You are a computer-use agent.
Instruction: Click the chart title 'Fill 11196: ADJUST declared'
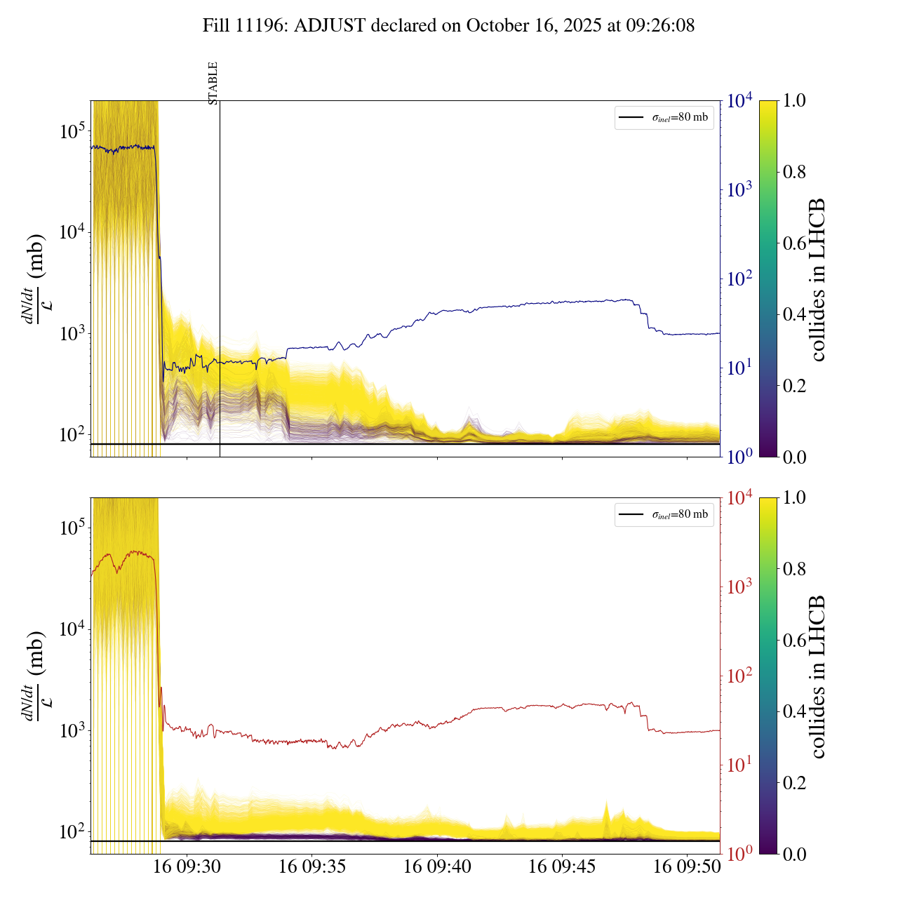[x=449, y=26]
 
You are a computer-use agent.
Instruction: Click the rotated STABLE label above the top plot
[x=213, y=83]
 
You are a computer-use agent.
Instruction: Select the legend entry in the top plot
[x=664, y=117]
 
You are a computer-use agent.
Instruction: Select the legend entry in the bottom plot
[x=664, y=514]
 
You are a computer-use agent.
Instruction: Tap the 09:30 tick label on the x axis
[x=187, y=867]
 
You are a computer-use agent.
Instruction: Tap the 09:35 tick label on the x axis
[x=312, y=867]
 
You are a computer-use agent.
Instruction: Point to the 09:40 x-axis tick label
[x=437, y=867]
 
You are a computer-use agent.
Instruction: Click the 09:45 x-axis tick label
[x=562, y=867]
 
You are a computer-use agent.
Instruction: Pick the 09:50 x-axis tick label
[x=687, y=867]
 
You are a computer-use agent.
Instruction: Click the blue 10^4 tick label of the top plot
[x=740, y=101]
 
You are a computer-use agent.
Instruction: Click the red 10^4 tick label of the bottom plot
[x=740, y=498]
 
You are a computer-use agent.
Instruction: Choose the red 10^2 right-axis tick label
[x=739, y=676]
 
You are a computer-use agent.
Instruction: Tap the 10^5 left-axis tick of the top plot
[x=70, y=130]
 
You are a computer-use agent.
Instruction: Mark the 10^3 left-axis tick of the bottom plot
[x=70, y=730]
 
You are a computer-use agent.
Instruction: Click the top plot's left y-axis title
[x=34, y=279]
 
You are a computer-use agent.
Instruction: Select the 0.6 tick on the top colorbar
[x=794, y=243]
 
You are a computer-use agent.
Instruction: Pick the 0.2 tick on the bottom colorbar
[x=794, y=782]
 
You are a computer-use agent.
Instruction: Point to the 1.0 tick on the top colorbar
[x=794, y=101]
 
